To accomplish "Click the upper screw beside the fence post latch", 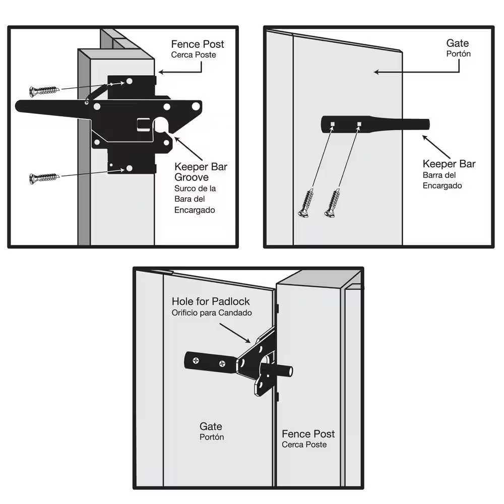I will click(x=44, y=91).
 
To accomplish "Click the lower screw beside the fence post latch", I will click(x=44, y=178).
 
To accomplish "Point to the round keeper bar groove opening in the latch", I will click(x=161, y=125).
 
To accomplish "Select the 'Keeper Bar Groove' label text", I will click(x=201, y=172).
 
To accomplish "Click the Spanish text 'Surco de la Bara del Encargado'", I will click(x=195, y=199).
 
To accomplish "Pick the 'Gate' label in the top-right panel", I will click(x=458, y=44).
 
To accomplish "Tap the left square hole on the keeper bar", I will click(x=333, y=123).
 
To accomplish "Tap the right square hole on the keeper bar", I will click(x=359, y=123).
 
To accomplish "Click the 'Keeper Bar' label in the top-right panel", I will click(x=449, y=164).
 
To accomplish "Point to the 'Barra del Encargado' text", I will click(x=443, y=180).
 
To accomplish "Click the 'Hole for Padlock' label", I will click(x=211, y=301).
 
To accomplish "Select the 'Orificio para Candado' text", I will click(x=212, y=312).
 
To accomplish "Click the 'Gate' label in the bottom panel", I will click(x=211, y=426).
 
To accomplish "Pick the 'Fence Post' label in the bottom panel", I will click(x=308, y=434).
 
